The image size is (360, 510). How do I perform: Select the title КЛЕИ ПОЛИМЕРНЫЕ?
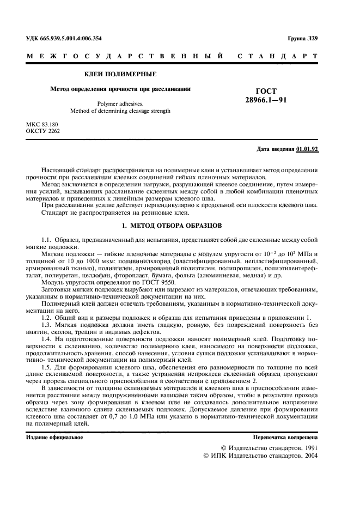(x=120, y=73)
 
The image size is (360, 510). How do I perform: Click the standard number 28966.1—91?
(x=265, y=100)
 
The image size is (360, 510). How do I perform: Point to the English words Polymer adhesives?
(x=120, y=102)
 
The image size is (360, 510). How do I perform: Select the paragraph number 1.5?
(x=46, y=368)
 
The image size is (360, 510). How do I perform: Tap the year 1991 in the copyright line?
(x=308, y=448)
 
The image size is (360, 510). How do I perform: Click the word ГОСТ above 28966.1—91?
(x=266, y=91)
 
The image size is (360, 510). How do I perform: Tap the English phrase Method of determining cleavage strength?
(x=120, y=111)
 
